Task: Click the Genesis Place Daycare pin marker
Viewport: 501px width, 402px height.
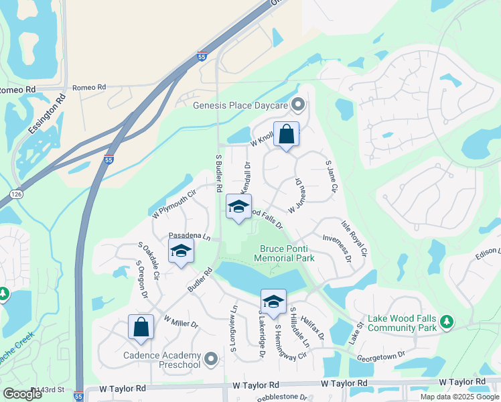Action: (299, 105)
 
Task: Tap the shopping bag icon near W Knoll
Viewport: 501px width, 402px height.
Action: (286, 134)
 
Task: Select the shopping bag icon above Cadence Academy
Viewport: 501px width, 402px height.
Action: (141, 328)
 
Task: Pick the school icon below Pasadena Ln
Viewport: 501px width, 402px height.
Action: (181, 252)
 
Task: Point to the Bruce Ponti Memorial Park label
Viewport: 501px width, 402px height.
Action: (287, 253)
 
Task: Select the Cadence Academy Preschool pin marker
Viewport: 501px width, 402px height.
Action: (212, 359)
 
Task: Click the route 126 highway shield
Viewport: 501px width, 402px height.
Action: (17, 194)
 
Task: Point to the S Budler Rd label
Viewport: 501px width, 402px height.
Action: (218, 174)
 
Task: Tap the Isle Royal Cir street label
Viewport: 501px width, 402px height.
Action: (354, 239)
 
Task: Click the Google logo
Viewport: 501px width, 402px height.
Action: (22, 394)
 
